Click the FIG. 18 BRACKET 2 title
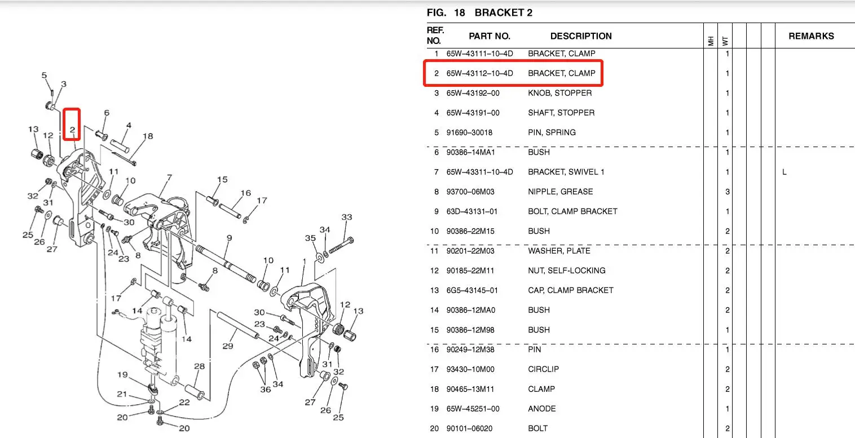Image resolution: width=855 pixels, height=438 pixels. [x=479, y=12]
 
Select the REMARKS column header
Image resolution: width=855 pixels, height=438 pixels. [x=811, y=36]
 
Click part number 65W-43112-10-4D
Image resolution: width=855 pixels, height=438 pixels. [x=479, y=73]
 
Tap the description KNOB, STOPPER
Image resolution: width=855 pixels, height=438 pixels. [x=559, y=93]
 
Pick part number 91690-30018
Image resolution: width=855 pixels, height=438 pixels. [x=473, y=132]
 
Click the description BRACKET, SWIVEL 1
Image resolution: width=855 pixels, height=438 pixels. [x=566, y=172]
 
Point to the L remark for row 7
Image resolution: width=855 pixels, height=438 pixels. [x=784, y=172]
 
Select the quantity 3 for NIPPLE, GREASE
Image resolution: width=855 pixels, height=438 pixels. [x=728, y=192]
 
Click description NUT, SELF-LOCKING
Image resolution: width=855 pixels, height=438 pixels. [x=566, y=271]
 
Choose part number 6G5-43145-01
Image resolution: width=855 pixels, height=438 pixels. [x=473, y=290]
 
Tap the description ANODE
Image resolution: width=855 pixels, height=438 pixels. [x=541, y=409]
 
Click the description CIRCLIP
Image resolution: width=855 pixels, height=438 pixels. [x=543, y=369]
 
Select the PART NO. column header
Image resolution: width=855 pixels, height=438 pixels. [x=489, y=36]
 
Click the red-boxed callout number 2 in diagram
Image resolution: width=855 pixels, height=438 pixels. [x=72, y=130]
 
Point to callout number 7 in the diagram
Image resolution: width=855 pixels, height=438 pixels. [x=169, y=178]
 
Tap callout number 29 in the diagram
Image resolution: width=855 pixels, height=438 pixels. [x=227, y=345]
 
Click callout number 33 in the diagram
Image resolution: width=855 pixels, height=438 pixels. [x=346, y=217]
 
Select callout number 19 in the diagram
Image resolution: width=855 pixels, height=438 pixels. [x=122, y=374]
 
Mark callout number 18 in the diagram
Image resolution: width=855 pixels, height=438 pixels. [x=148, y=136]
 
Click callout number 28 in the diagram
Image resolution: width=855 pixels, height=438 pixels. [x=199, y=367]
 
